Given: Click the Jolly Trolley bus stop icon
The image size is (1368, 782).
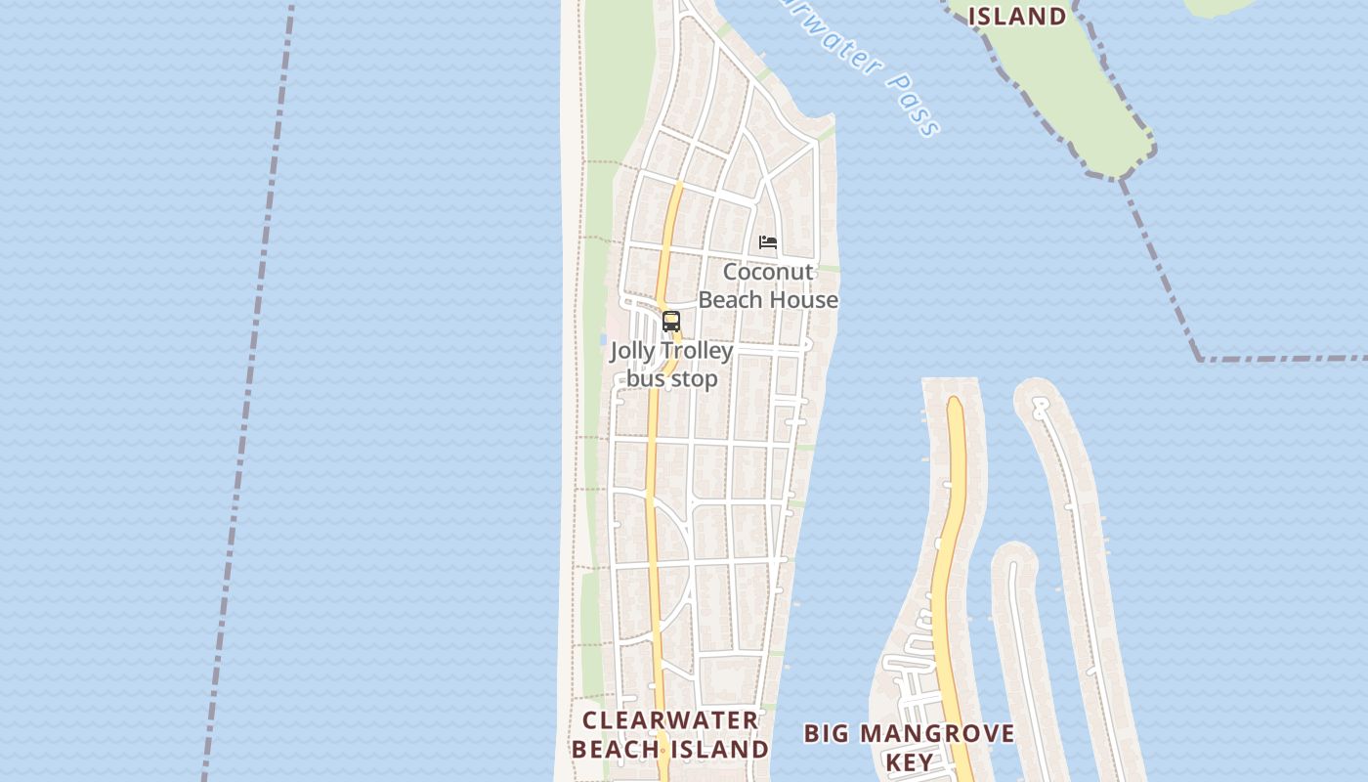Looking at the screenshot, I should pyautogui.click(x=671, y=321).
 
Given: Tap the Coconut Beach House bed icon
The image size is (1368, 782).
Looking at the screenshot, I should pyautogui.click(x=768, y=242).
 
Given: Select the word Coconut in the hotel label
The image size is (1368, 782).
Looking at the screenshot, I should pyautogui.click(x=768, y=272).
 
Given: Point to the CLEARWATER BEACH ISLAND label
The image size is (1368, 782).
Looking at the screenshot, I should pyautogui.click(x=670, y=735).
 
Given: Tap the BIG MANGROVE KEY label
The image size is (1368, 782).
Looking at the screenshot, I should pyautogui.click(x=909, y=747).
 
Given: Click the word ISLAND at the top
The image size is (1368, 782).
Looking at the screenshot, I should pyautogui.click(x=1017, y=16).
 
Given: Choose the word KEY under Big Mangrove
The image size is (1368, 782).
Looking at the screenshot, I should pyautogui.click(x=909, y=761).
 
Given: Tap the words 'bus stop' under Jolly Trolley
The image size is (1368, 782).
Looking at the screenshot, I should pyautogui.click(x=672, y=378).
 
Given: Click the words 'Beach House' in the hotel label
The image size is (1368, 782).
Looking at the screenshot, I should pyautogui.click(x=768, y=300).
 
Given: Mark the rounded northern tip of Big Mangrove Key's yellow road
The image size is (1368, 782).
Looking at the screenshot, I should pyautogui.click(x=955, y=403).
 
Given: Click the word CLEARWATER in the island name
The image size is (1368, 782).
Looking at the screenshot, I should pyautogui.click(x=670, y=721).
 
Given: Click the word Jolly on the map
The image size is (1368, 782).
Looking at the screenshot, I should pyautogui.click(x=632, y=351).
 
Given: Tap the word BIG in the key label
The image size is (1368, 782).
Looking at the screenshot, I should pyautogui.click(x=827, y=734).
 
